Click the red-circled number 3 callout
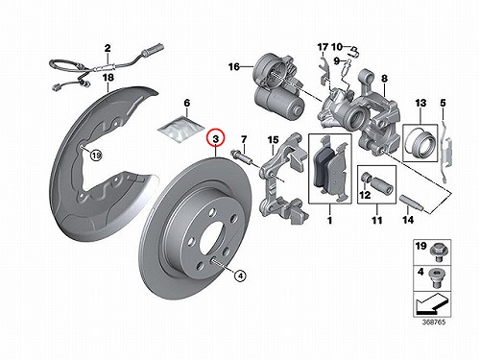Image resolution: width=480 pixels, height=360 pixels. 216,138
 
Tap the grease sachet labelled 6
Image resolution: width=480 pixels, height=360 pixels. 181,129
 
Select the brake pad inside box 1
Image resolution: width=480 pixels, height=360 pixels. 329,168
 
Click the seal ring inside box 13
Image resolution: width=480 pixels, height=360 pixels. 420,143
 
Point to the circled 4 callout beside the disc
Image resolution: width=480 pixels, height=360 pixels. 240,276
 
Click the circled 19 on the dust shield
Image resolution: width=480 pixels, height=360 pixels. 96,156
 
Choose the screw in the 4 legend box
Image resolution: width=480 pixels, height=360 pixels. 437,277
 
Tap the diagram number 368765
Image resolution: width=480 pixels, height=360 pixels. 435,322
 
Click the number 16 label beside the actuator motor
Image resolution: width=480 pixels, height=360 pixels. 234,66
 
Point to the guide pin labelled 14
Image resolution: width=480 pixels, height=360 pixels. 413,203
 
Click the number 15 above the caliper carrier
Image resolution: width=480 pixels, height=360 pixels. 273,140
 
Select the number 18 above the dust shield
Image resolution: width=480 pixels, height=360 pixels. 108,78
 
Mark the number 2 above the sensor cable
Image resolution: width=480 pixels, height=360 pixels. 108,48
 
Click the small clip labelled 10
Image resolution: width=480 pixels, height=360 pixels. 354,51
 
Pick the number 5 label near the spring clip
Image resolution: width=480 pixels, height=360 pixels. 443,103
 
